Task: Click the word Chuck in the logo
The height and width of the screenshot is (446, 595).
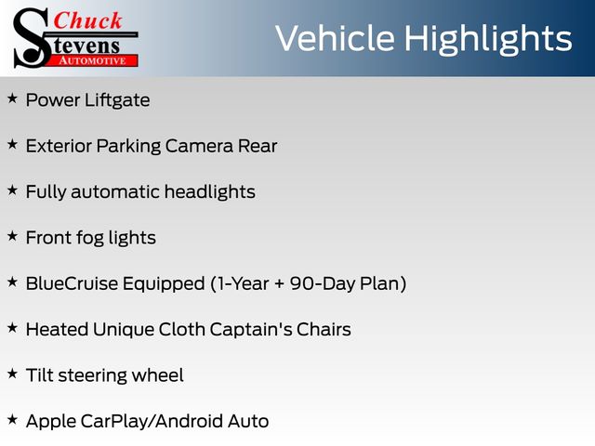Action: coord(87,20)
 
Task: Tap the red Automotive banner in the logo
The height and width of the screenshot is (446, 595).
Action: coord(93,61)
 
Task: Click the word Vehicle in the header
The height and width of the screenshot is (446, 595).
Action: coord(335,38)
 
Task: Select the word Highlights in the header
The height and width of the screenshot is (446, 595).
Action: coord(487,39)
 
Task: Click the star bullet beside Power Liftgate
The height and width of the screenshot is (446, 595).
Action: coord(12,98)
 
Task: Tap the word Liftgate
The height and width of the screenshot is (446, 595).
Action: coord(117,100)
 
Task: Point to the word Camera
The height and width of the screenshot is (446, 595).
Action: coord(199,146)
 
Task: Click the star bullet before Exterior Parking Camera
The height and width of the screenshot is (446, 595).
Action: coord(12,145)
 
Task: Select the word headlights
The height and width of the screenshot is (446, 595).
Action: coord(210,191)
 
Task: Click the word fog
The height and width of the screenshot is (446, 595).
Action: coord(90,239)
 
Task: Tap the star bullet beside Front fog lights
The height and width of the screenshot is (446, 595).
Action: coord(12,236)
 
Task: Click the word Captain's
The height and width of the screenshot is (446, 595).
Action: coord(251,330)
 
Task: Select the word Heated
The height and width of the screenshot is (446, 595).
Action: coord(57,329)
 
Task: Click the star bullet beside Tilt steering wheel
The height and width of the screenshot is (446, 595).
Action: coord(12,374)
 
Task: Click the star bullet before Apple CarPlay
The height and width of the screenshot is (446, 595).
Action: coord(12,420)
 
